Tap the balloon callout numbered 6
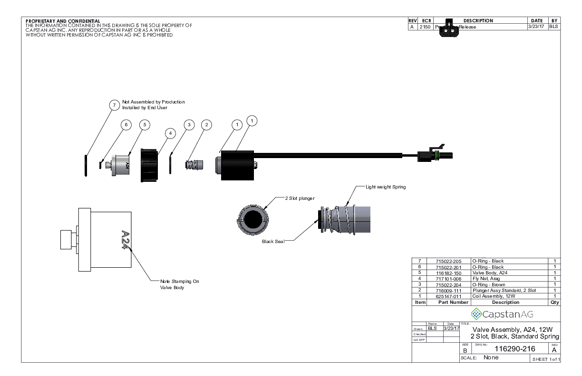[126, 125]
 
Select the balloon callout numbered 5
[145, 124]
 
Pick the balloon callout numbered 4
[169, 134]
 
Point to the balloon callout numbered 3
[189, 125]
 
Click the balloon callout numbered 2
[206, 125]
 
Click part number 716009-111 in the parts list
[449, 291]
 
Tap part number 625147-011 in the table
[449, 296]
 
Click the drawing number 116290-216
[515, 348]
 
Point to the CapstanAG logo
[501, 314]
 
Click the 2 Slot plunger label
[300, 198]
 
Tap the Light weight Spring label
[386, 187]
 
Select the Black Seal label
[273, 241]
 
